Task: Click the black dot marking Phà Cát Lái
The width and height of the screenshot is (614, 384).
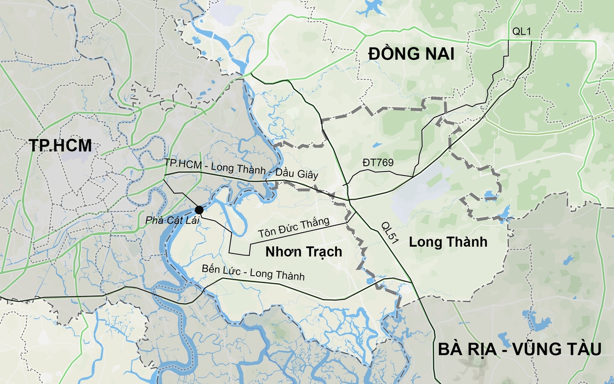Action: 199,210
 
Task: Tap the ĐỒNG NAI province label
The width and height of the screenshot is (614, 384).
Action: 411,53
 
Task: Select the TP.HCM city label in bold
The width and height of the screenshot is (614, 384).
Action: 60,146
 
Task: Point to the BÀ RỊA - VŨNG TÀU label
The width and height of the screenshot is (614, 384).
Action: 519,350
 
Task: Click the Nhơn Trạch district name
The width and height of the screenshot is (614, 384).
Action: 303,252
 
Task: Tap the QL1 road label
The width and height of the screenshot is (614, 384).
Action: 522,32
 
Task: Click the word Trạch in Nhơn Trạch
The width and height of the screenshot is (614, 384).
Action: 323,252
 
